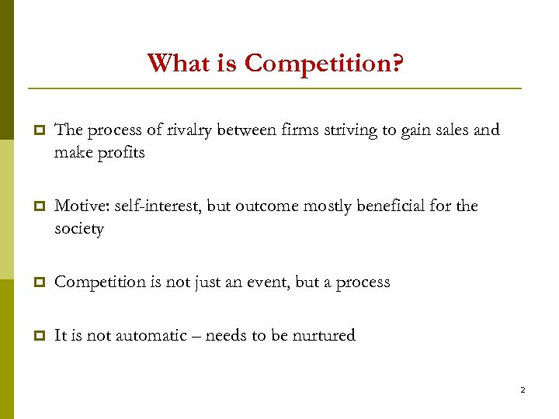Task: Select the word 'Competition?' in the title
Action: click(x=324, y=64)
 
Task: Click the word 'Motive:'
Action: click(x=82, y=206)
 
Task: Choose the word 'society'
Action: click(x=78, y=230)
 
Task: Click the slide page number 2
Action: click(x=523, y=390)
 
